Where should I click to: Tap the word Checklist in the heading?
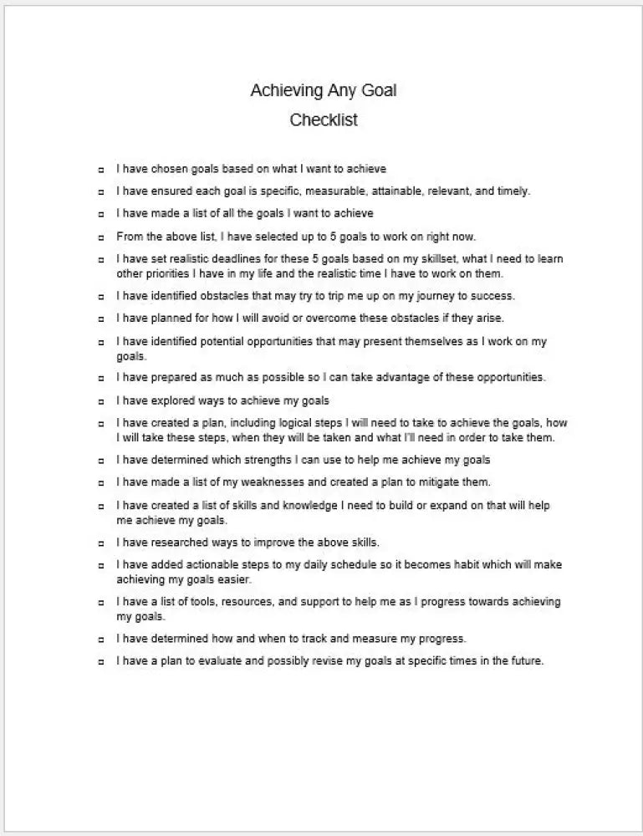point(324,120)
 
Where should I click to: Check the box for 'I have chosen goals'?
point(100,170)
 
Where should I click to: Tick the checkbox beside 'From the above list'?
point(100,237)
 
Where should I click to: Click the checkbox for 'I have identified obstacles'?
point(100,297)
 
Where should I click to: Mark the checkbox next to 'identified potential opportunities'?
point(100,343)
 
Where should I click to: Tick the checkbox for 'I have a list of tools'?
point(100,603)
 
